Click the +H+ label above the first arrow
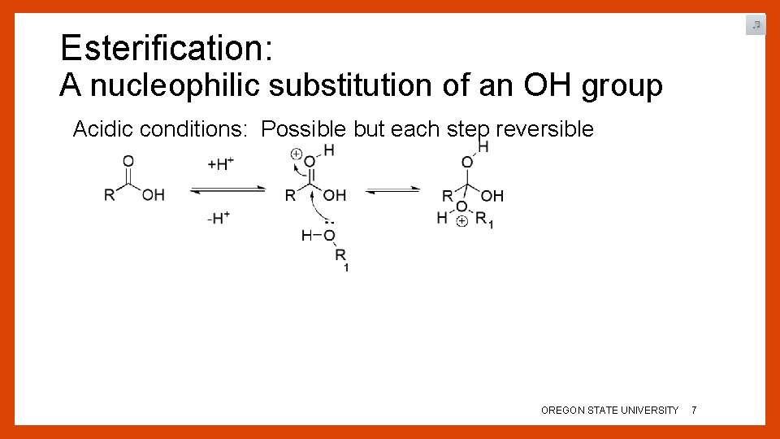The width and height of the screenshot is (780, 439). [221, 164]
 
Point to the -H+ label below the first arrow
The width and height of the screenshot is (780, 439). [219, 218]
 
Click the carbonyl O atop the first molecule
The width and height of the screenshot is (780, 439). [128, 161]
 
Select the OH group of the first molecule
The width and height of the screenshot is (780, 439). [153, 195]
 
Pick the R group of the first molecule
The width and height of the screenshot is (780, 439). [109, 195]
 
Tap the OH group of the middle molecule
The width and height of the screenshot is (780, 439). [334, 195]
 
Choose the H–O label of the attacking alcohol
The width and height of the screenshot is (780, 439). [318, 236]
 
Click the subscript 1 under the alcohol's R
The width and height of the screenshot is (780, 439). [347, 268]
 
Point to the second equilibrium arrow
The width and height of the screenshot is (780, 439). [392, 190]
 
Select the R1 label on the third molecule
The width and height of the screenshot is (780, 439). [484, 219]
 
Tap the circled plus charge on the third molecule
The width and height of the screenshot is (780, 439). [461, 221]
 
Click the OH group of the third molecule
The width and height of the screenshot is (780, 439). [492, 196]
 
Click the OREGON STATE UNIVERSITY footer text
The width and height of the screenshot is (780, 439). [609, 411]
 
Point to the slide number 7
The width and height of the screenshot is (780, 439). [693, 411]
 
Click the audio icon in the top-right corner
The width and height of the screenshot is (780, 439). [756, 25]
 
